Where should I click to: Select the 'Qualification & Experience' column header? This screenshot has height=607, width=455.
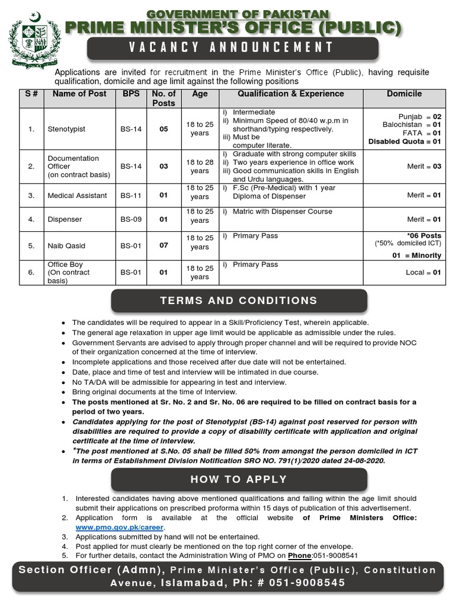pos(290,94)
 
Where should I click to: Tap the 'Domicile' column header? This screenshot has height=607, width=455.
pos(404,94)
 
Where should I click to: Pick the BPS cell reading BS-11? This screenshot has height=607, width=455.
pos(131,196)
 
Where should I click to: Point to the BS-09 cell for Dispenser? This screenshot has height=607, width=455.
pos(131,219)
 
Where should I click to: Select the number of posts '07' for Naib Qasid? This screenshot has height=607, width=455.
pos(164,245)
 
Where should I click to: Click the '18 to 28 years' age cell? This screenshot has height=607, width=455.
pos(200,167)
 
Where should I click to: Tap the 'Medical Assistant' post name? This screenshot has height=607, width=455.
pos(77,196)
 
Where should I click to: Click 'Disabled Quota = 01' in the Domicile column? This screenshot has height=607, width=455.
pos(405,142)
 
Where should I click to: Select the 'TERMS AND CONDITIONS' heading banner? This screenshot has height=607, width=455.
pos(239,301)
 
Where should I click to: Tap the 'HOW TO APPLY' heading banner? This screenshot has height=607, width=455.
pos(239,479)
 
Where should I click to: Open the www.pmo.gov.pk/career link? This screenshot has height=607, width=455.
pos(120,527)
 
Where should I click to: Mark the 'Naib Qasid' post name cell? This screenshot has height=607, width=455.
pos(65,245)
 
